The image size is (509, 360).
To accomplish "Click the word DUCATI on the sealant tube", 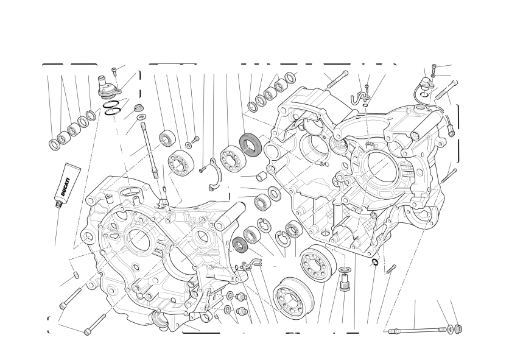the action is point(65,187).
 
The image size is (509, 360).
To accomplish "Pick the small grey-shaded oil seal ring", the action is point(240,244).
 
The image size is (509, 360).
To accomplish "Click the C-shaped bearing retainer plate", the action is point(214,174).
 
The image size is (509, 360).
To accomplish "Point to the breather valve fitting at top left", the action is point(110,86).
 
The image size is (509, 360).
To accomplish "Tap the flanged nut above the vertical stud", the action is point(139,108).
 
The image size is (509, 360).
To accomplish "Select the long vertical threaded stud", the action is point(149,150).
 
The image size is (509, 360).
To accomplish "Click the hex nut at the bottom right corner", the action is point(458,328).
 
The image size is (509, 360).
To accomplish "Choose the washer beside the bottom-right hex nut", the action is point(451,329).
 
